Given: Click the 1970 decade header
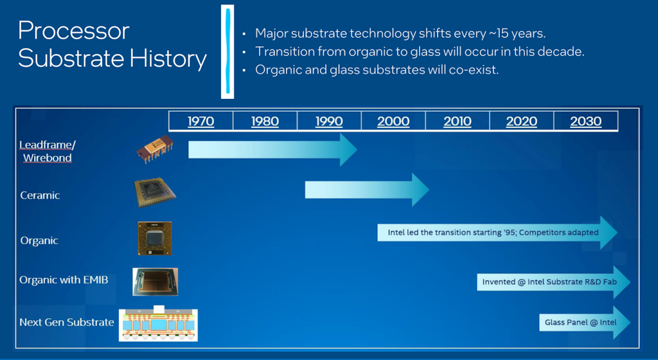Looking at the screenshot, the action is coord(200,122).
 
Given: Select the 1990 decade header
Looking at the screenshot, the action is coord(329,122).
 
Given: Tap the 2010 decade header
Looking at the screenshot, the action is coord(458,122).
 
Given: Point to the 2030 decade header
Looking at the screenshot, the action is coord(586,122).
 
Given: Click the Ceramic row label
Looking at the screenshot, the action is coord(40,195).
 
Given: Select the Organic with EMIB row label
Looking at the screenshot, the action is coord(64,280).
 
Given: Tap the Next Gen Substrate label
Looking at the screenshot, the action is coord(67,322).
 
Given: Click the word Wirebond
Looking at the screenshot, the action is coord(48,157).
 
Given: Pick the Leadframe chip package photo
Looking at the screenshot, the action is coord(155,149).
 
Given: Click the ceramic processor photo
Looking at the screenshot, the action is coord(155,193).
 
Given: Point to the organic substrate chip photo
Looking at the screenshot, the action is coord(155,239).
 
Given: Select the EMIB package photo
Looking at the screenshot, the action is coord(156,282).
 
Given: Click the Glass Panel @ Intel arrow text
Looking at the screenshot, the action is coord(580,322).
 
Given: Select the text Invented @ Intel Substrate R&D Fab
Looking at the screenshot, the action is coord(549,282).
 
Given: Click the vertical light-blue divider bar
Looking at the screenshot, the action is coord(228,51).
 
